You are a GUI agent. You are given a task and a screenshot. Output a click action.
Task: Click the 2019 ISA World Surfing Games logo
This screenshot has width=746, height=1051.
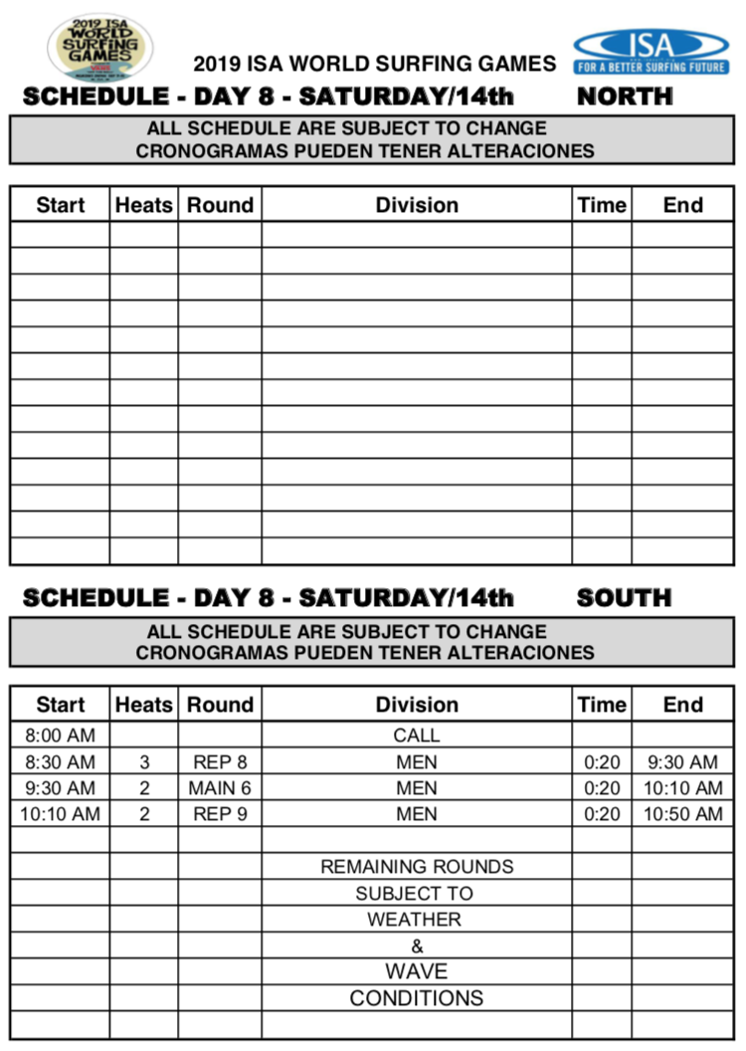[x=99, y=46]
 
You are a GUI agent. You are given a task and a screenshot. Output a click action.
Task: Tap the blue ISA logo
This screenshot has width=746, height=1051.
[x=651, y=51]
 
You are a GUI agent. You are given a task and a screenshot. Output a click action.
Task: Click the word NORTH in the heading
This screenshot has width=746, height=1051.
[x=625, y=98]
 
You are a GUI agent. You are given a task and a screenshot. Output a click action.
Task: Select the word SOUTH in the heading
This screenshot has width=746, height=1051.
[x=624, y=598]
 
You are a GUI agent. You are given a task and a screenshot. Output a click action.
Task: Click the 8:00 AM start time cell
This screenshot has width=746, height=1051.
[x=60, y=736]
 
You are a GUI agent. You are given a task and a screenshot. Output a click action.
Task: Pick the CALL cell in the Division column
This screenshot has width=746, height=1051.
[x=417, y=736]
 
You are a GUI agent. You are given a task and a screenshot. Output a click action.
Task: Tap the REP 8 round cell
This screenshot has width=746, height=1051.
[x=220, y=762]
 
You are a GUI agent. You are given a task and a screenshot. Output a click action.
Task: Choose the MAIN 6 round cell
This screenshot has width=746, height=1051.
[x=220, y=788]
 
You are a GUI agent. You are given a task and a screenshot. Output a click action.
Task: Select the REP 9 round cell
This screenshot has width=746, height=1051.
[x=220, y=814]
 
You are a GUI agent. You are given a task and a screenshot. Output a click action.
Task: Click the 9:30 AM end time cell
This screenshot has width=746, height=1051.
[x=682, y=762]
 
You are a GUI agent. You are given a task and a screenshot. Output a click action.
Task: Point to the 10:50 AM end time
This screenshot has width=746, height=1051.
[x=682, y=814]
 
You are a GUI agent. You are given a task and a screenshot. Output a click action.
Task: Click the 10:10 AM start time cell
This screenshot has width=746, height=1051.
[x=60, y=814]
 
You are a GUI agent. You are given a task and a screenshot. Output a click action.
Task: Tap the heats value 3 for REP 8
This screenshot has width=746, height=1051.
[x=144, y=762]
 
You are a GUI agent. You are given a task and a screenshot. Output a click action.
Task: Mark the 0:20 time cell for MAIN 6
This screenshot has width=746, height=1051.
[x=602, y=788]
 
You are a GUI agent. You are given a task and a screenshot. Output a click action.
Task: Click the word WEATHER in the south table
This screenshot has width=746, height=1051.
[x=417, y=920]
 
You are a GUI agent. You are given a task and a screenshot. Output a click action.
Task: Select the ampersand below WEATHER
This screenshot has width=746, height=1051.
[x=417, y=946]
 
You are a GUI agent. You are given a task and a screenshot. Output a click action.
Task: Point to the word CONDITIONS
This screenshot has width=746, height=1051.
[x=417, y=997]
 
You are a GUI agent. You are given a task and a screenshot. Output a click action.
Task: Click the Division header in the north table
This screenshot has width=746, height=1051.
[x=417, y=205]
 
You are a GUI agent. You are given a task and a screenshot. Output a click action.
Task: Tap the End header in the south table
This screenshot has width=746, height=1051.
[x=682, y=705]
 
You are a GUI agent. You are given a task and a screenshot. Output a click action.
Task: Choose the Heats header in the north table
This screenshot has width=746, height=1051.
[x=144, y=205]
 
